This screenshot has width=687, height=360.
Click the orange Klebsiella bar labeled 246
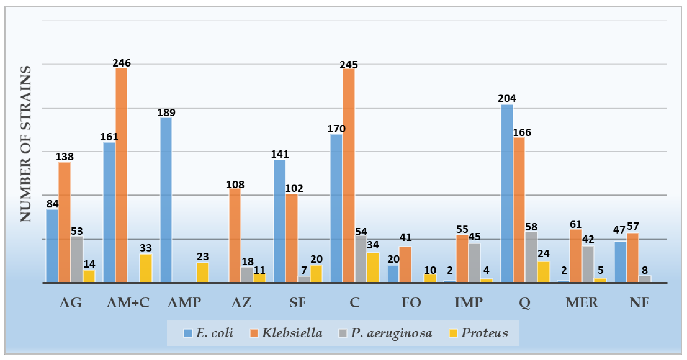click(x=121, y=175)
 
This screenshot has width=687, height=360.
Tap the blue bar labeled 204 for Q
click(x=507, y=193)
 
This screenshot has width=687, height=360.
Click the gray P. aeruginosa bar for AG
click(x=77, y=259)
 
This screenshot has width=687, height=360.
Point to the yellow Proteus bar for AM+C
click(x=146, y=268)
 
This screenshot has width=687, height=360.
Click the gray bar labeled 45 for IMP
click(x=474, y=263)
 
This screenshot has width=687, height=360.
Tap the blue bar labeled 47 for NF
click(x=620, y=262)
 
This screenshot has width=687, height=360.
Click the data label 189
click(x=166, y=113)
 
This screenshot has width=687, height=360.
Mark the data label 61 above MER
click(x=575, y=225)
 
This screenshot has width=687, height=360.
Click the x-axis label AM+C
click(x=128, y=303)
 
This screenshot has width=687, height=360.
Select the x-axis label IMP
click(x=468, y=303)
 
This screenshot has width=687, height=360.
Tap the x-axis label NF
click(x=639, y=303)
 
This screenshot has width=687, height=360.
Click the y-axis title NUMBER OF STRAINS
click(x=26, y=144)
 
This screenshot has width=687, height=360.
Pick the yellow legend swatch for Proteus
click(x=453, y=333)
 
